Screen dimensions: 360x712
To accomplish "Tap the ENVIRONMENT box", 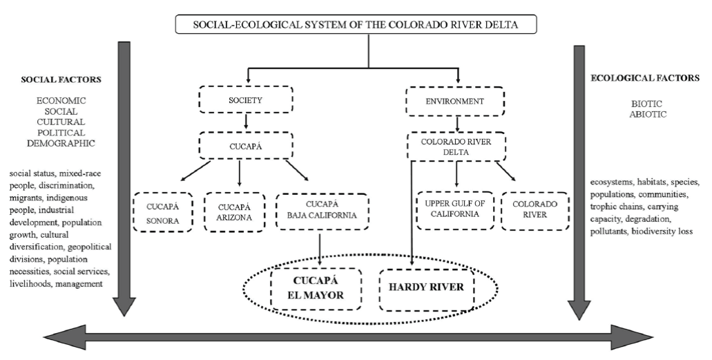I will [x=456, y=101].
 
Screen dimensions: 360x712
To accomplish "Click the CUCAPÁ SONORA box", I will [x=162, y=211].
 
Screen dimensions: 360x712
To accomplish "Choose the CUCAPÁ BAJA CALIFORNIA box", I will [x=321, y=211].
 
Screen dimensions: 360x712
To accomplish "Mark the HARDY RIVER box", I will [x=426, y=288].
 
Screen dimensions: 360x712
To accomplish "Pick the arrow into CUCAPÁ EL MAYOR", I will [x=321, y=249].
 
